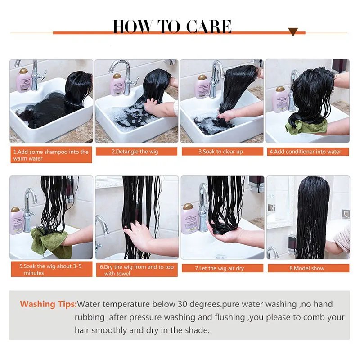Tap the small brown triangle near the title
(x=293, y=32)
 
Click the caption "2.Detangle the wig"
(x=136, y=152)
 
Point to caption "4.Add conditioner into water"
(x=306, y=152)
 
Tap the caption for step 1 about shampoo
(x=51, y=155)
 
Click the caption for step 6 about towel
(x=136, y=270)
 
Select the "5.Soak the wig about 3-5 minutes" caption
(x=51, y=269)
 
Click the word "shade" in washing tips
(x=197, y=330)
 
